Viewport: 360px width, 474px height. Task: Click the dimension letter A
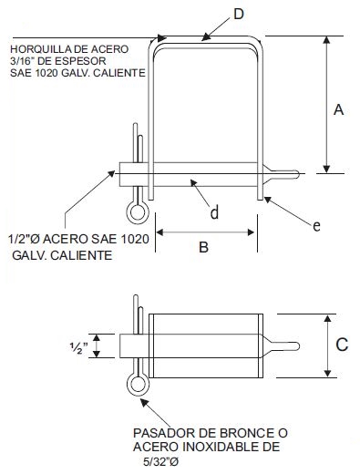338,110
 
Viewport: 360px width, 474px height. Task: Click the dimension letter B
204,246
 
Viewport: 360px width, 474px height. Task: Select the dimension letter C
341,345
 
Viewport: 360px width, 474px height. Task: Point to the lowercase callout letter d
214,213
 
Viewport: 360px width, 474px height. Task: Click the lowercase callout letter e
316,225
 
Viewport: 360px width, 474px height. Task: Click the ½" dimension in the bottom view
80,346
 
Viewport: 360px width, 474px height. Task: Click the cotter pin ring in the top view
137,212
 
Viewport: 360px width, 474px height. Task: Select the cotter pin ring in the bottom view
137,385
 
